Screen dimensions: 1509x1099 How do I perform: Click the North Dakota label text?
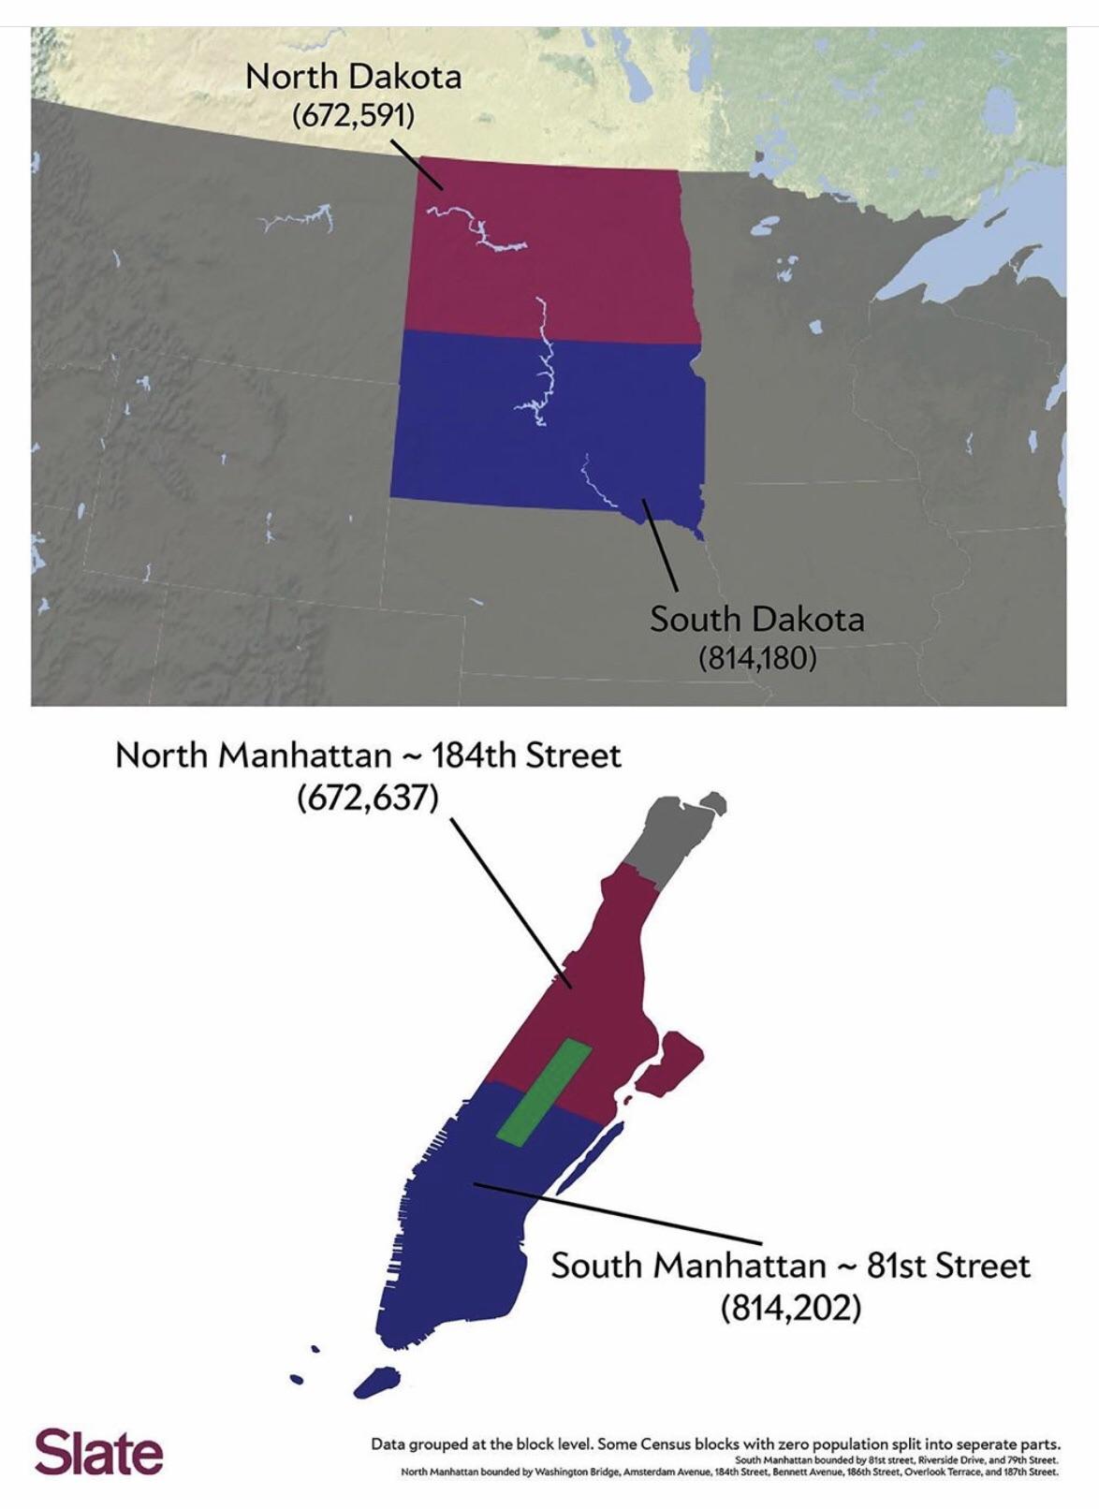click(x=353, y=77)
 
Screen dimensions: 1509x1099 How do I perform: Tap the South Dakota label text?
click(x=756, y=619)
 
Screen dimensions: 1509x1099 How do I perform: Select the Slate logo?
click(x=98, y=1452)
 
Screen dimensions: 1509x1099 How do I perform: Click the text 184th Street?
click(x=526, y=755)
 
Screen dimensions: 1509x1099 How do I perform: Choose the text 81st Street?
click(x=946, y=1266)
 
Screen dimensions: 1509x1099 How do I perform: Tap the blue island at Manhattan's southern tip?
click(x=376, y=1380)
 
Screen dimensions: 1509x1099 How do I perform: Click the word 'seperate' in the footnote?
click(x=977, y=1443)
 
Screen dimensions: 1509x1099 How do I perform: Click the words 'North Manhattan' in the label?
click(x=253, y=755)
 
